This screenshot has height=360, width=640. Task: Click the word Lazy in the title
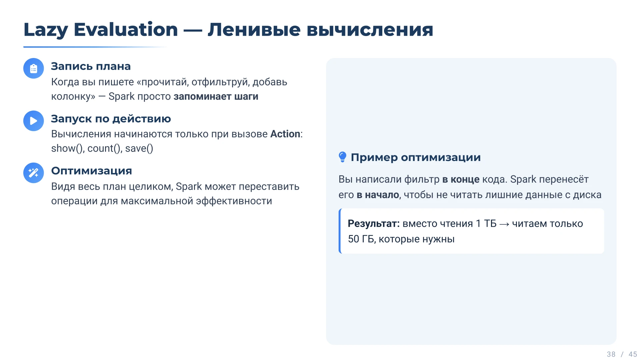46,30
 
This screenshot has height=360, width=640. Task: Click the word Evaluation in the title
126,30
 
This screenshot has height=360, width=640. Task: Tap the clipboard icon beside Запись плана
34,68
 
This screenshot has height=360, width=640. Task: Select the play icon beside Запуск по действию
34,121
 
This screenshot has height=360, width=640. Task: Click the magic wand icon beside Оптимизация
34,173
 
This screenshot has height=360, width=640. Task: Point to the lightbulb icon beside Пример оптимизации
342,157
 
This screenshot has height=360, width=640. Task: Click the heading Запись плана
91,66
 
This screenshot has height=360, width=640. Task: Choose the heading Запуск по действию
111,119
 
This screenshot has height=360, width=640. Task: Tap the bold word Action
285,134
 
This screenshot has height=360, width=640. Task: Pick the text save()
139,148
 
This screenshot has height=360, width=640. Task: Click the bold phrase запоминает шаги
216,96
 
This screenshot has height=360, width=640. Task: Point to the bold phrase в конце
461,179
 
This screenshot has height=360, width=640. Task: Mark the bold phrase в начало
378,195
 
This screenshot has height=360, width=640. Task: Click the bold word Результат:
373,223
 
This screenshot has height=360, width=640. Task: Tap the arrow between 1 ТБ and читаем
504,224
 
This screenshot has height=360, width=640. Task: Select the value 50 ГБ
361,239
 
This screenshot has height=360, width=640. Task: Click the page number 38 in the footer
611,354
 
